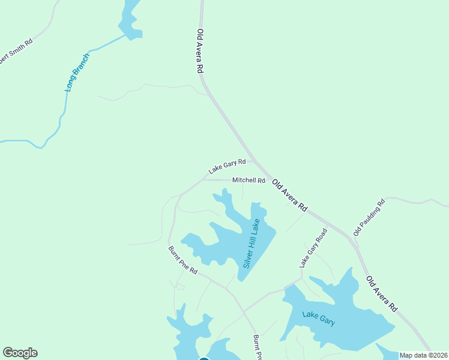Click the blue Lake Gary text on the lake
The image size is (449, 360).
point(318,317)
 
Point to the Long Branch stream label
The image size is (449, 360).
point(77,72)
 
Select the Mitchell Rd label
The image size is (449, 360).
point(249,180)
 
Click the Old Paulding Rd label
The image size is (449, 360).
point(369,217)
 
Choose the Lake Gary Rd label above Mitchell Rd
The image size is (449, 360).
point(227,166)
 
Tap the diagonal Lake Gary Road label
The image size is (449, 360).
point(313,247)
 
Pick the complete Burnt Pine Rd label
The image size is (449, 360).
point(182,260)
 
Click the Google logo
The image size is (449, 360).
point(20,353)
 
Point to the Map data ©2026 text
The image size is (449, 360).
point(424,355)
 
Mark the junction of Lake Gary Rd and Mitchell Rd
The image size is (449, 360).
point(204,179)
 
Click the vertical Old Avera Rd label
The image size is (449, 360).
point(201,51)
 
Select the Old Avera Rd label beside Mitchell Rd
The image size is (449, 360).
point(289,195)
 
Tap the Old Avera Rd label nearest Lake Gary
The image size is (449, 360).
point(382,293)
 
